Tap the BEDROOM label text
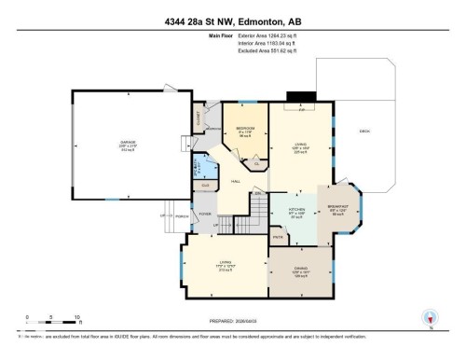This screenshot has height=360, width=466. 246,130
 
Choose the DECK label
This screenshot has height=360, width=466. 365,132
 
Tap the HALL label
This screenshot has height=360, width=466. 236,181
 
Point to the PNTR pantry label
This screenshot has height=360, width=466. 278,239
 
